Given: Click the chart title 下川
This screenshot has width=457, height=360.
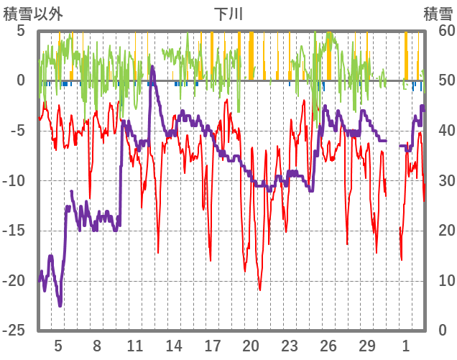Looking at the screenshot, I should coord(228,14).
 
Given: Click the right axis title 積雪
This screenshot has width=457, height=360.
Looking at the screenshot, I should coord(437,14).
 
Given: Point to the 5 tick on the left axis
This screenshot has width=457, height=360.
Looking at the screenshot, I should coord(20,31).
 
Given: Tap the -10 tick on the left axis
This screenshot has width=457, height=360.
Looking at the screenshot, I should coord(16,180).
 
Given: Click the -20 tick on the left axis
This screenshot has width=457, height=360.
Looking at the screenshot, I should coord(16,280).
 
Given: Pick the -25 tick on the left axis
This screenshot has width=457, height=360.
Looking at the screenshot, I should coord(16,330).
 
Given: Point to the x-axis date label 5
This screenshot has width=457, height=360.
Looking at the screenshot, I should coord(58,345).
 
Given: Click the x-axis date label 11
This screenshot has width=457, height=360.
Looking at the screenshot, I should coord(135,345).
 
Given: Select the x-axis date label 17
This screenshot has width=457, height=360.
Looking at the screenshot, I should coord(213,345).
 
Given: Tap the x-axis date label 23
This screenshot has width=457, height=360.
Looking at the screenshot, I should coord(290,345).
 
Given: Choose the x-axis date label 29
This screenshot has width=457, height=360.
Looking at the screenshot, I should coord(367,345).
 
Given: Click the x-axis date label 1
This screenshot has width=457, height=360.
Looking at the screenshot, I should coord(406,345).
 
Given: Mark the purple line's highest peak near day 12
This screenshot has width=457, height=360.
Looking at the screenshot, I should coord(152,67).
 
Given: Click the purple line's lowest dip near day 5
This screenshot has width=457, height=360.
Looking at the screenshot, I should coord(60,305).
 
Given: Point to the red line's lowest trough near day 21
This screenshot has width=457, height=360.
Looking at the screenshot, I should coord(259,290).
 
